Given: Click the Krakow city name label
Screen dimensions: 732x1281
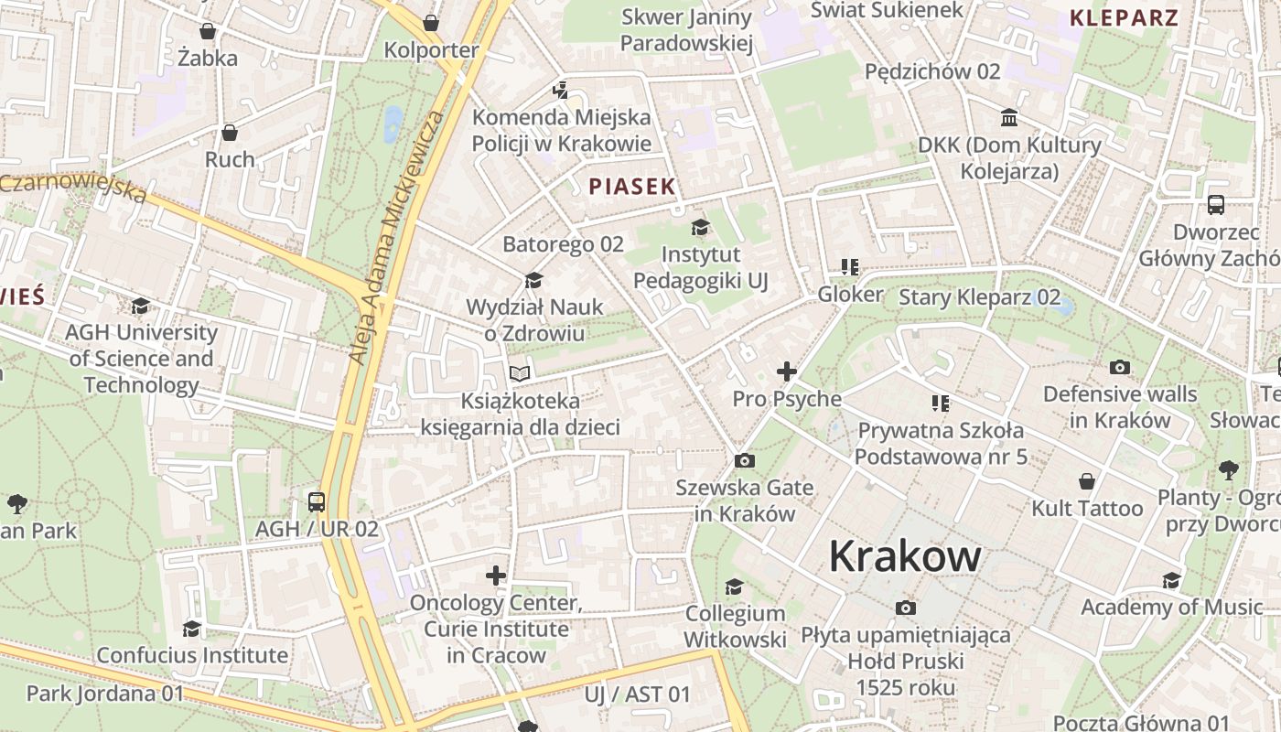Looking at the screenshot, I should tap(905, 556).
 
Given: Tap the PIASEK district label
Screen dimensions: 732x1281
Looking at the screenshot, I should tap(632, 187).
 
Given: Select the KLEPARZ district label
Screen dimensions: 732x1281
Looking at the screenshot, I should tap(1124, 16).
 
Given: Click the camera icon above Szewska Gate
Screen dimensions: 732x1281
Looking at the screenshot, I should tap(745, 460).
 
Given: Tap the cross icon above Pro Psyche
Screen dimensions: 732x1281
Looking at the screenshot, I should tap(786, 371).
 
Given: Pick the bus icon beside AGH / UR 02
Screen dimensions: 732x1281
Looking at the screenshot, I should tap(317, 502).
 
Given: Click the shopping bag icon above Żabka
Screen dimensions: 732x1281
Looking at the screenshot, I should tap(208, 31).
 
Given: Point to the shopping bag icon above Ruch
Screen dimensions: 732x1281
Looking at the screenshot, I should tap(230, 133).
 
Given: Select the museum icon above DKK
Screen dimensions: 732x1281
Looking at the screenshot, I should tap(1009, 118).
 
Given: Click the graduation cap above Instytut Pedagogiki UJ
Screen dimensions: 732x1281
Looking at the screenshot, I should tap(700, 227).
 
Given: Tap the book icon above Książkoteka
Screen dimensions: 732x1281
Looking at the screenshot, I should tap(520, 374).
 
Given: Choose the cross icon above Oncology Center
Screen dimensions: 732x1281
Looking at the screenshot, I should tap(496, 576).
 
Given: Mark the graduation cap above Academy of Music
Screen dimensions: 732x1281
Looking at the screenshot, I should tap(1171, 580).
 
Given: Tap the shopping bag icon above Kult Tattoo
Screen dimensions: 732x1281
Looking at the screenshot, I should tap(1087, 481).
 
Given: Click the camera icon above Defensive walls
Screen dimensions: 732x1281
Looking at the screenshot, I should tap(1119, 368).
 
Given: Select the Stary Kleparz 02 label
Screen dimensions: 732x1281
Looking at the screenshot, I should tap(979, 297).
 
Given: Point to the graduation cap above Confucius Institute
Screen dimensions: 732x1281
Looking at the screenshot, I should tap(191, 629).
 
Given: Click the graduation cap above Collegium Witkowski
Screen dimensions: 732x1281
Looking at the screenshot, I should tap(734, 587).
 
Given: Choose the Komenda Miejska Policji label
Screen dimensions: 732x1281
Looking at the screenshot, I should tap(562, 130).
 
